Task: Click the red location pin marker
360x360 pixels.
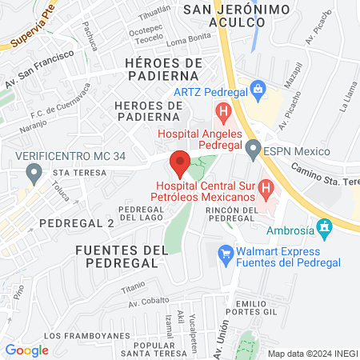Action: tap(180, 162)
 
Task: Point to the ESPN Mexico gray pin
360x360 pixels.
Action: tap(254, 149)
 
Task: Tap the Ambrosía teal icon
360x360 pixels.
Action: tap(324, 228)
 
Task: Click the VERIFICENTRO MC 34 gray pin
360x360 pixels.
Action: tap(34, 171)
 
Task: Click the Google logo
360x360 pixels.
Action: tap(26, 350)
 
